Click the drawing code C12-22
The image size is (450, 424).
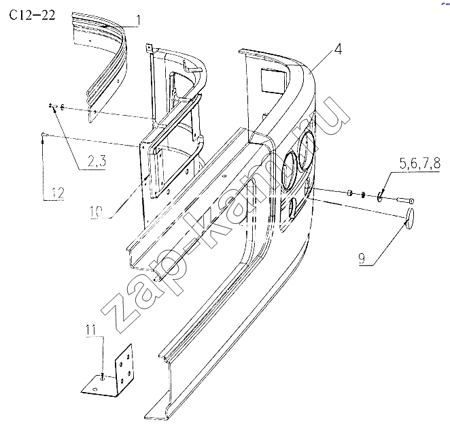tap(32, 15)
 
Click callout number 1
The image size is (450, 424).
tap(138, 21)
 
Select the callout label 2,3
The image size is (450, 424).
tap(97, 161)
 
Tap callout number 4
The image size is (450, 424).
tap(339, 49)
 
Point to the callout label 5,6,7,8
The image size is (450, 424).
tap(419, 163)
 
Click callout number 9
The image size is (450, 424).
tap(362, 258)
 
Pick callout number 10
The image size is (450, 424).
tap(96, 212)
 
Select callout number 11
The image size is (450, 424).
tap(90, 329)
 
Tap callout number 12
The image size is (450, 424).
tap(58, 193)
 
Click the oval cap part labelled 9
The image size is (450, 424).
tap(409, 215)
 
